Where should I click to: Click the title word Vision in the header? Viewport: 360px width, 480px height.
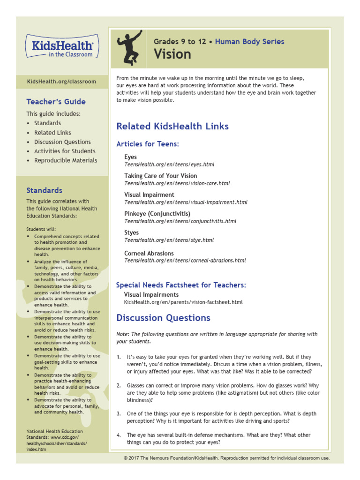[x=172, y=54]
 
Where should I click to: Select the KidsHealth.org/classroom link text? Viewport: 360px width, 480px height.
[x=61, y=82]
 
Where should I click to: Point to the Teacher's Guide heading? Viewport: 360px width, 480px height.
[x=56, y=102]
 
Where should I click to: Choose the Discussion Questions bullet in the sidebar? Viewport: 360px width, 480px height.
[x=62, y=142]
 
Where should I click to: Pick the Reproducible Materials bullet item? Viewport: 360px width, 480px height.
[x=66, y=160]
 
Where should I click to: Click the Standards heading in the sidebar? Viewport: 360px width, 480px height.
[x=44, y=190]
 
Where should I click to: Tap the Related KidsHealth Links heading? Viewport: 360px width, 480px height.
[x=172, y=126]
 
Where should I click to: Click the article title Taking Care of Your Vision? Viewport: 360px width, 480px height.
[x=161, y=176]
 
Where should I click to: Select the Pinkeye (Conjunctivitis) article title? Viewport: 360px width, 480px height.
[x=157, y=214]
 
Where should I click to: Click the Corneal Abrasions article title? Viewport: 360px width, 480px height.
[x=149, y=253]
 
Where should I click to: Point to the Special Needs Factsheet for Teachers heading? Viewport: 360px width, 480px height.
[x=181, y=285]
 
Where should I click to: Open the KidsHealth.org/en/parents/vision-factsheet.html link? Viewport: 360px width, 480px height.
[x=183, y=302]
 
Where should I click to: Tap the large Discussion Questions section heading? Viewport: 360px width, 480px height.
[x=163, y=318]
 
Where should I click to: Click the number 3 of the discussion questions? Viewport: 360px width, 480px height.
[x=119, y=414]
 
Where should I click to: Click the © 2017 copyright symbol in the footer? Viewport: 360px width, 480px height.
[x=126, y=458]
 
